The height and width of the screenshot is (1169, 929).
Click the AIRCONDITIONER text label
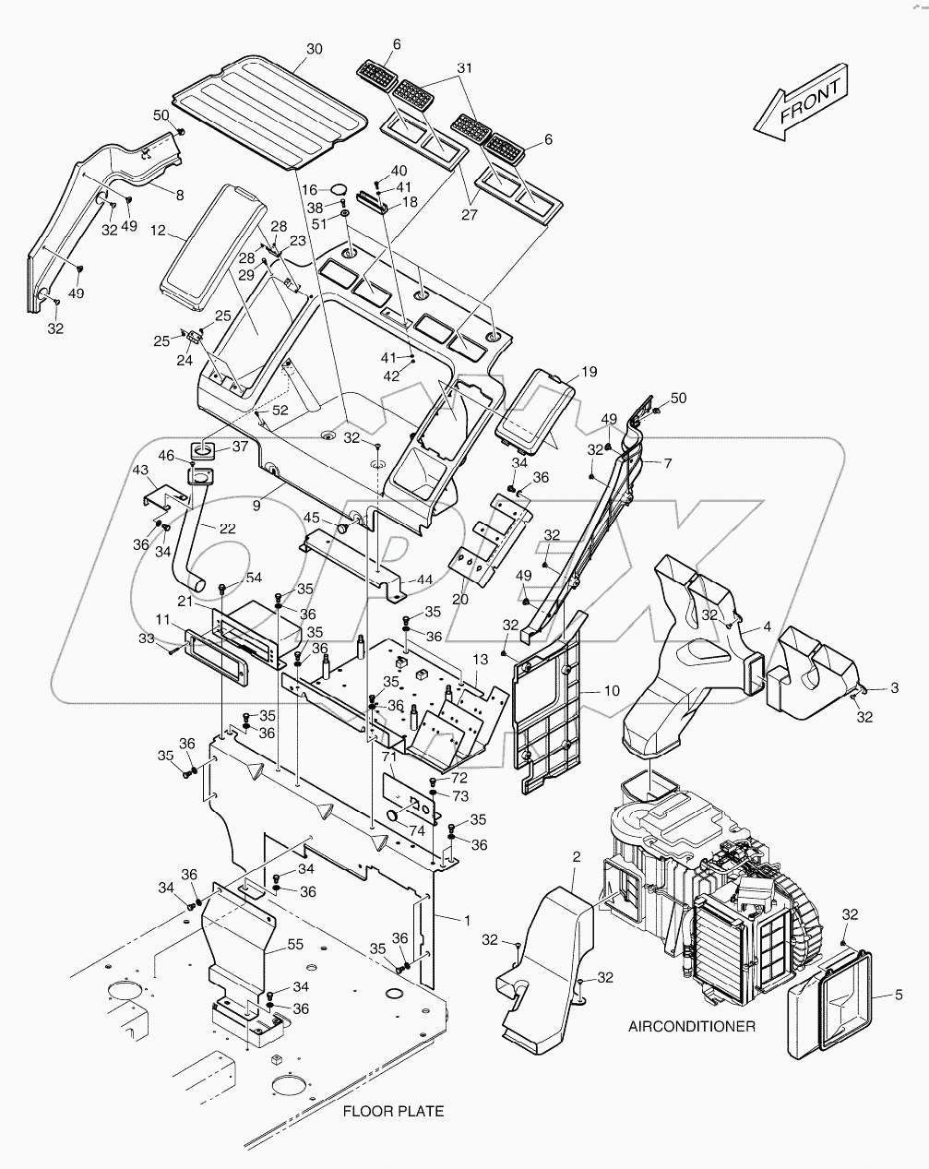pos(692,1026)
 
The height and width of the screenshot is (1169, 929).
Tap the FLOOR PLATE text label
pos(393,1111)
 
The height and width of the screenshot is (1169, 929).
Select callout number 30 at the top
pos(315,48)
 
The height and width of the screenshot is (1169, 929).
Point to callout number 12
pos(157,230)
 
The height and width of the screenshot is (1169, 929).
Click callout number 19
pos(589,372)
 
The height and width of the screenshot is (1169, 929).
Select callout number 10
pos(613,690)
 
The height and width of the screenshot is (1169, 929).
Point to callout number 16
pos(308,188)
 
